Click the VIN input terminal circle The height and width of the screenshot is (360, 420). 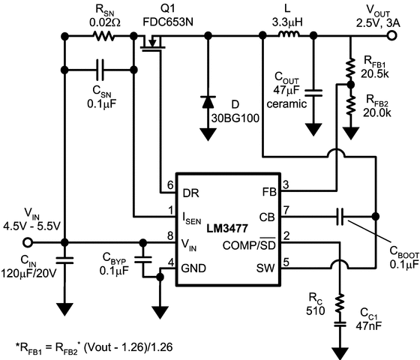tap(29, 242)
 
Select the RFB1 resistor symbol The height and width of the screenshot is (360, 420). tap(350, 70)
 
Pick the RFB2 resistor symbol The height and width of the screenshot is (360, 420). tap(350, 104)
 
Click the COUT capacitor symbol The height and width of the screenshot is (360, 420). tap(314, 91)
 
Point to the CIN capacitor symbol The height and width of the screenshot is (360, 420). tap(65, 262)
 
